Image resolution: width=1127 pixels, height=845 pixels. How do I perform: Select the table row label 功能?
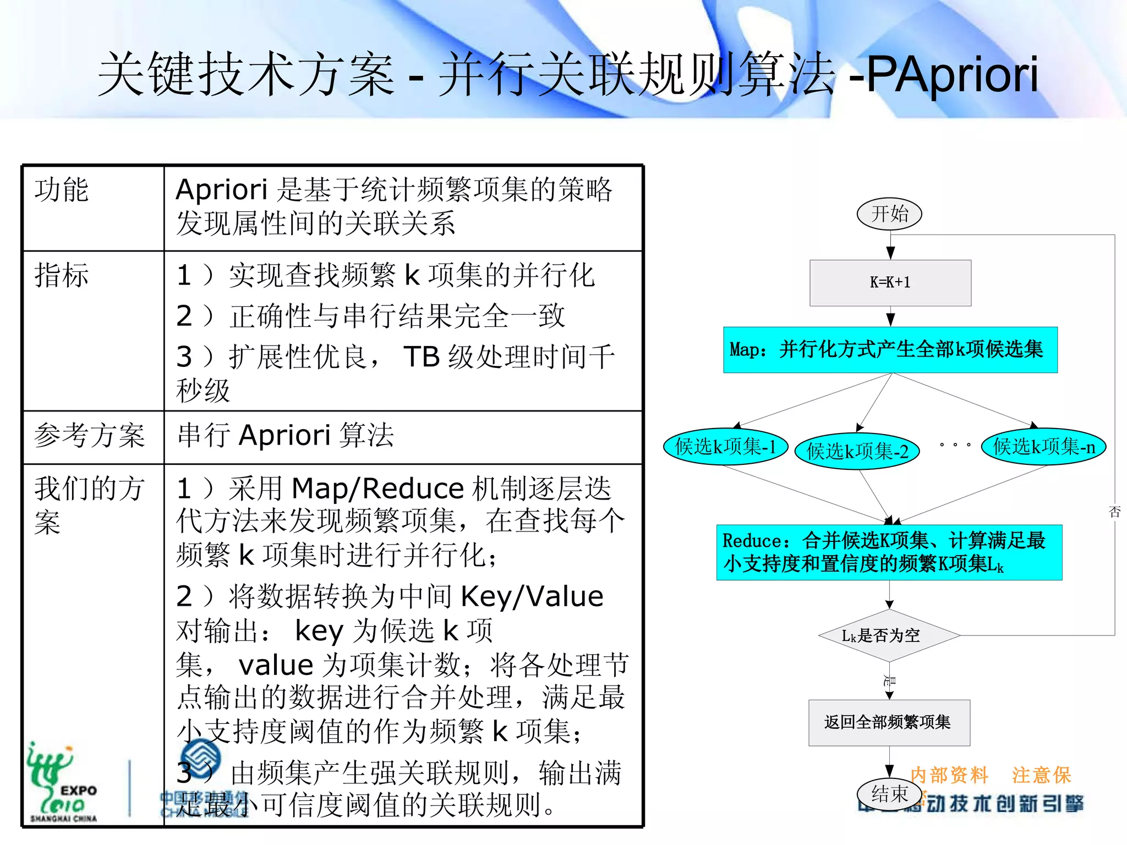click(x=61, y=190)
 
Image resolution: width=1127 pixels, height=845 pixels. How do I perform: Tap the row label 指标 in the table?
click(x=61, y=275)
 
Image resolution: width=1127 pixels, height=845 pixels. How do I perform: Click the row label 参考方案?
click(x=90, y=436)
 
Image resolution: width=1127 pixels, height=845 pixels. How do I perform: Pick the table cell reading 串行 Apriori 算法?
click(x=286, y=436)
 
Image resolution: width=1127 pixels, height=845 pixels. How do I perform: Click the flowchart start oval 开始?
click(x=889, y=213)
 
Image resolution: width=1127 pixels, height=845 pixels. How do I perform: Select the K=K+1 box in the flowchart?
click(x=890, y=283)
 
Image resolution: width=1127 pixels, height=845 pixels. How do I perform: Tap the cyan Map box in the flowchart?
click(x=890, y=350)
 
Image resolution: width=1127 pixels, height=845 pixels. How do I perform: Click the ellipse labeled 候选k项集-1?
click(x=725, y=446)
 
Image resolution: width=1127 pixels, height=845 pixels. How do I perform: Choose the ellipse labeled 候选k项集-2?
click(x=857, y=451)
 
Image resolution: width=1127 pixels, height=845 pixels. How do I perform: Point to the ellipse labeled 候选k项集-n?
click(x=1043, y=446)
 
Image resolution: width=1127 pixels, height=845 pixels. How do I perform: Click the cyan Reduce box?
click(x=889, y=552)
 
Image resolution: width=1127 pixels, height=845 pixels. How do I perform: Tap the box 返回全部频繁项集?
click(x=888, y=722)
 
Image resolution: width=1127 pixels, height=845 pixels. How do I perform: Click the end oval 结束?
click(x=889, y=794)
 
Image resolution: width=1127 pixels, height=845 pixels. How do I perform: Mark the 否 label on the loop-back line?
click(x=1114, y=512)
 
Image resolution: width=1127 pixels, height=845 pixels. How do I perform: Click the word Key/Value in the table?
click(x=532, y=596)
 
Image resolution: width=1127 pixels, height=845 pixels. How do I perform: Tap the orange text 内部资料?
click(x=949, y=775)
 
